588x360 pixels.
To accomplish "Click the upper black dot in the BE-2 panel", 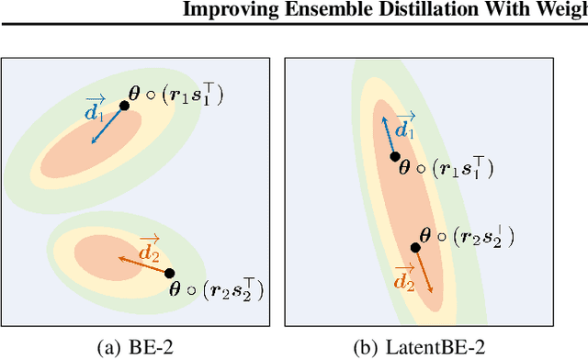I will [x=124, y=106].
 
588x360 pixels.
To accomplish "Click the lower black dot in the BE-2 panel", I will [x=170, y=272].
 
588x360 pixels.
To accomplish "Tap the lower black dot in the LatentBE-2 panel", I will [x=415, y=248].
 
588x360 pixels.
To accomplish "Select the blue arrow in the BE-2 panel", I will [x=108, y=123].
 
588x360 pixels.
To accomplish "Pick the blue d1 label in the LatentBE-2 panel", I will [x=404, y=129].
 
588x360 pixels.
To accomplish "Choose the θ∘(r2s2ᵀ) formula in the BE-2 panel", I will [x=217, y=291].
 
